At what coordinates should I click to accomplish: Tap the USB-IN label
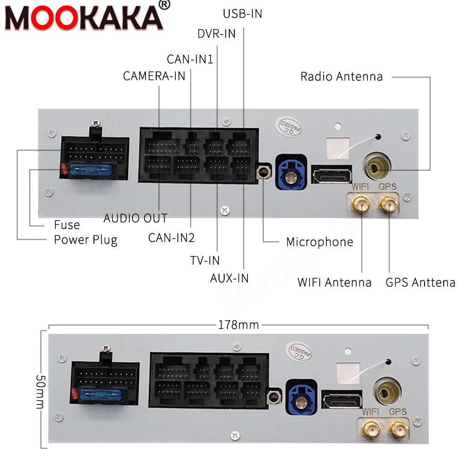[242, 14]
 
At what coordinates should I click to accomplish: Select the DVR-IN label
[216, 33]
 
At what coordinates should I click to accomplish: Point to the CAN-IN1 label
[190, 59]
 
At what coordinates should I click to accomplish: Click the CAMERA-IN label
[154, 76]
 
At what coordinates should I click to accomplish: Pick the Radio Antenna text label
[341, 77]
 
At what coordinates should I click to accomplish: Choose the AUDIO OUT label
[135, 218]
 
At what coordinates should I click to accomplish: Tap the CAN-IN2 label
[171, 238]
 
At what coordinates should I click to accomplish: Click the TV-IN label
[205, 260]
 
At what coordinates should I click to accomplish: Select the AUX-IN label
[229, 278]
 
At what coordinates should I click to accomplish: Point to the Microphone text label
[319, 242]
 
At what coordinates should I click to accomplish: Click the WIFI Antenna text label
[334, 282]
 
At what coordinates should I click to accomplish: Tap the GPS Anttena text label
[420, 282]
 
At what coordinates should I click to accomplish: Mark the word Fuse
[67, 225]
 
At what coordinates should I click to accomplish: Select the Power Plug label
[86, 240]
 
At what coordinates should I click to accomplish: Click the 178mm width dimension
[239, 325]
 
